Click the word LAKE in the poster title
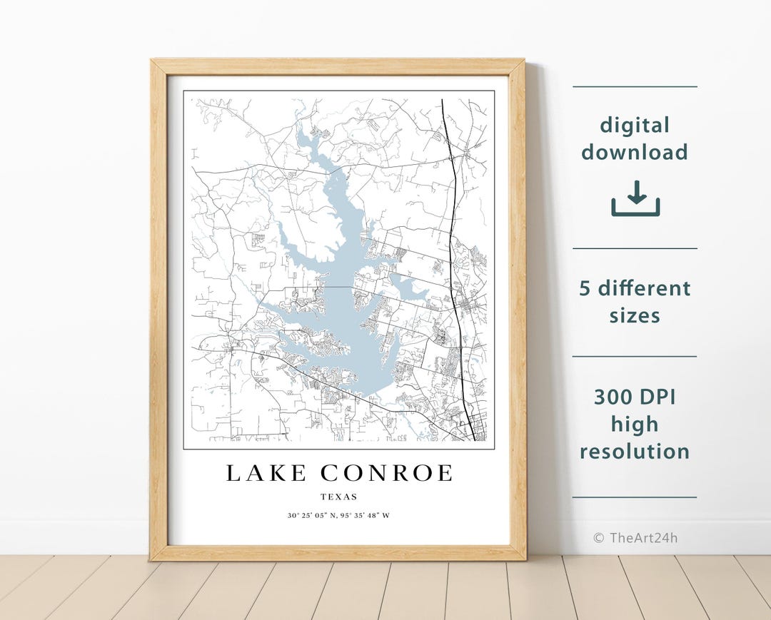pyautogui.click(x=267, y=473)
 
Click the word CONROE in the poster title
pyautogui.click(x=386, y=473)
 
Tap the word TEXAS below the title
pyautogui.click(x=339, y=497)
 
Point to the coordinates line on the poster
pyautogui.click(x=339, y=515)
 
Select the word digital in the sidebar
pyautogui.click(x=635, y=126)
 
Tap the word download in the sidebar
pyautogui.click(x=635, y=152)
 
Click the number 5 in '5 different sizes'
pyautogui.click(x=584, y=288)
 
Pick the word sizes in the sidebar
pyautogui.click(x=635, y=315)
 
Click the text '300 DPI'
pyautogui.click(x=635, y=397)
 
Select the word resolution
pyautogui.click(x=635, y=451)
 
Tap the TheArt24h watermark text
pyautogui.click(x=643, y=538)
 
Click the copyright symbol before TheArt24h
pyautogui.click(x=598, y=538)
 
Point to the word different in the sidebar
pyautogui.click(x=645, y=288)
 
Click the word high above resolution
pyautogui.click(x=635, y=424)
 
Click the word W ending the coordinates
pyautogui.click(x=387, y=515)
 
